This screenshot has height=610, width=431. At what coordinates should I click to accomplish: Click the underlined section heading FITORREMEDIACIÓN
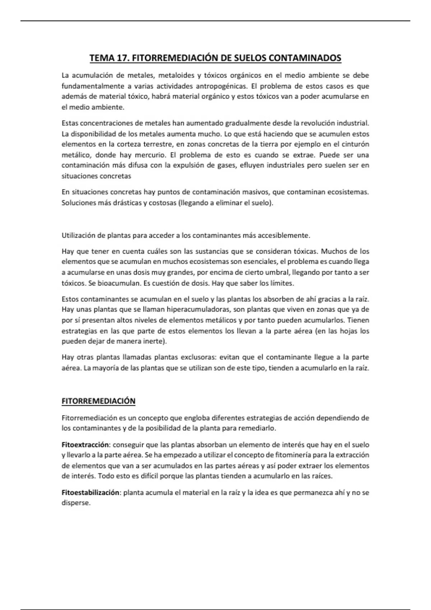click(x=98, y=401)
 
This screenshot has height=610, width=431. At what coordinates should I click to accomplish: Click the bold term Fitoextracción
click(x=85, y=445)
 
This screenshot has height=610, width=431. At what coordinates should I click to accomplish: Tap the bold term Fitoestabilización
click(x=90, y=493)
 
